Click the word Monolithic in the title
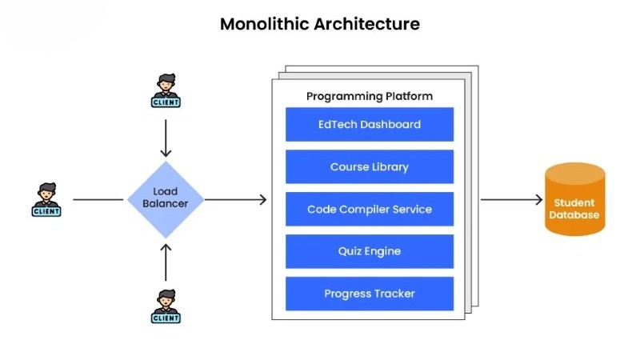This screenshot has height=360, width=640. [265, 24]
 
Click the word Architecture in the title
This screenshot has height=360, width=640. [367, 24]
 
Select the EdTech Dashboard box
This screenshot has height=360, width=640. [370, 125]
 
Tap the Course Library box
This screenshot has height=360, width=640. [370, 166]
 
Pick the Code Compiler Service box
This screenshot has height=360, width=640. [370, 209]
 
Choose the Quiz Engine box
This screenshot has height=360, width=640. [370, 251]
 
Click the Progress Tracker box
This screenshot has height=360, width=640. [370, 294]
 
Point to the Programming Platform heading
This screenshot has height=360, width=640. [370, 96]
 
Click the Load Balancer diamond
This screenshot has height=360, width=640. [166, 199]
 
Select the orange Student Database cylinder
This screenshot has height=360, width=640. [575, 199]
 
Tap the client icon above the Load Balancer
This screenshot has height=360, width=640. [166, 90]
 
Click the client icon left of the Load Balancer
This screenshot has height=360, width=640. [46, 199]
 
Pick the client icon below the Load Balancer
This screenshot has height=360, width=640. [166, 306]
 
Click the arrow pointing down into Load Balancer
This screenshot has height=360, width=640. [166, 138]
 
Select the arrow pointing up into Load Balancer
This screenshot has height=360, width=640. [166, 262]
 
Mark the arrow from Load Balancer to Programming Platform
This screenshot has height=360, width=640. [235, 199]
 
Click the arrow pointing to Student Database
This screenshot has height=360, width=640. [512, 199]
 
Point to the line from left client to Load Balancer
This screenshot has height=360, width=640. [98, 199]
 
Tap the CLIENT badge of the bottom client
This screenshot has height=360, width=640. [166, 318]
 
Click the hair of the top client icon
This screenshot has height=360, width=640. [166, 78]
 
